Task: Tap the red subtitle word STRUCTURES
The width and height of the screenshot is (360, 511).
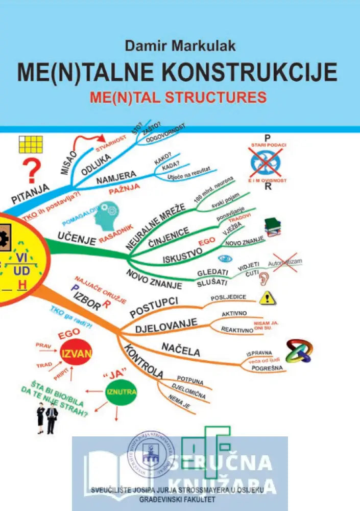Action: click(222, 97)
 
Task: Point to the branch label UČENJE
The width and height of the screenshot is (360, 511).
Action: click(77, 239)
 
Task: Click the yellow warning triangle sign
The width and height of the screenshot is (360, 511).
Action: click(267, 298)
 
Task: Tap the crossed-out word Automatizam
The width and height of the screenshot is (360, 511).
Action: click(285, 262)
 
